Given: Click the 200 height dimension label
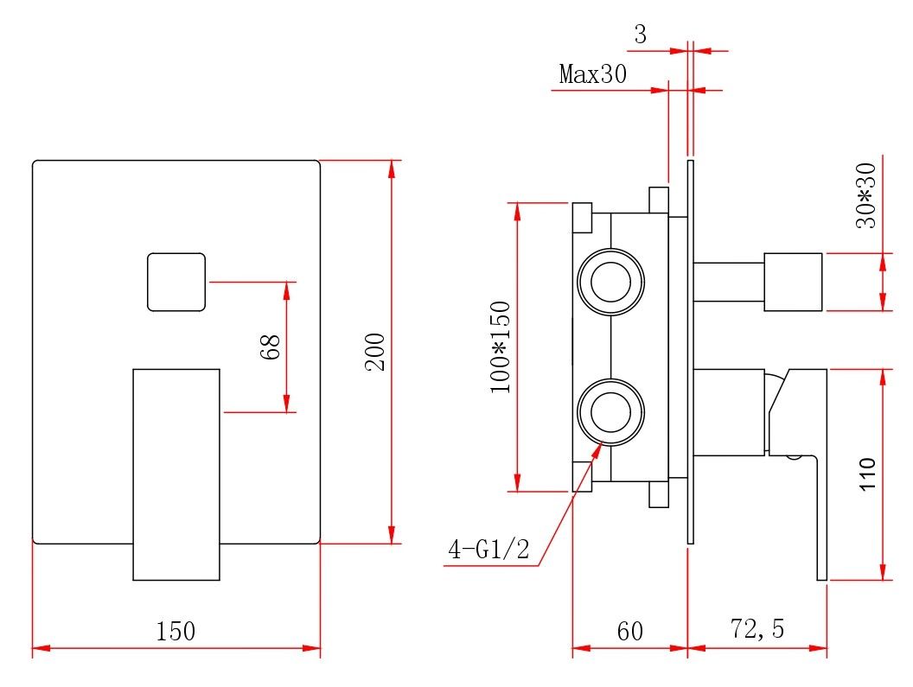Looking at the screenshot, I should click(x=375, y=352).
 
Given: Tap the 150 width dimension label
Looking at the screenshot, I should click(x=176, y=632).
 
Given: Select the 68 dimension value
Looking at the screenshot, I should click(x=271, y=347).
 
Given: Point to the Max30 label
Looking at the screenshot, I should click(x=592, y=74).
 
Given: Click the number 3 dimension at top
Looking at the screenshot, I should click(x=640, y=35).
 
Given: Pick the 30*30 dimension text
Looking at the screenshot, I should click(x=865, y=195).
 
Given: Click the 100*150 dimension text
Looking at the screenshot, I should click(x=501, y=347).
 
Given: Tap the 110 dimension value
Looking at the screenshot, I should click(x=867, y=474).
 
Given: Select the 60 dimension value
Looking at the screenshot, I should click(x=630, y=632).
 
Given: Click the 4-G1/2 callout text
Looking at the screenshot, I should click(x=488, y=550).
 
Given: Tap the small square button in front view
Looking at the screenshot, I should click(x=176, y=282).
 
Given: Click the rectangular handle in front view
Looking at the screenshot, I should click(x=176, y=474).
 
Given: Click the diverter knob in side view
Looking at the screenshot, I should click(x=792, y=282).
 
